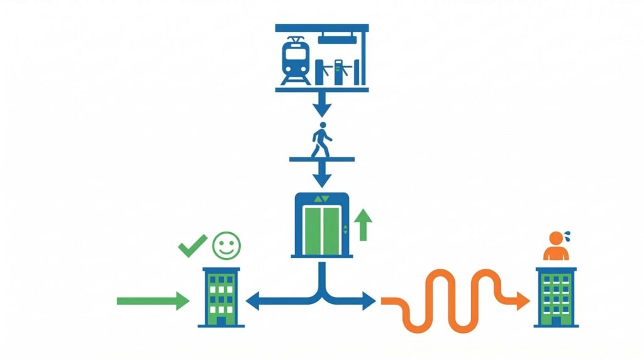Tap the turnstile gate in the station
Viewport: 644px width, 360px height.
[x=340, y=70]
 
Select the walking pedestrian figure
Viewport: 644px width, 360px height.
[x=321, y=140]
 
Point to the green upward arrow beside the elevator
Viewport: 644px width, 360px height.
[x=363, y=225]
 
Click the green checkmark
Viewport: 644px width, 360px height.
[x=191, y=245]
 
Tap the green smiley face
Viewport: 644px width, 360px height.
[x=226, y=245]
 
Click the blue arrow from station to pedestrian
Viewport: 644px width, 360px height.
[x=321, y=105]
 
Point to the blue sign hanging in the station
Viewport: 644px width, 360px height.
[x=337, y=39]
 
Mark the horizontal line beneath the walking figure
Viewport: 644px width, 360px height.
[x=321, y=159]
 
